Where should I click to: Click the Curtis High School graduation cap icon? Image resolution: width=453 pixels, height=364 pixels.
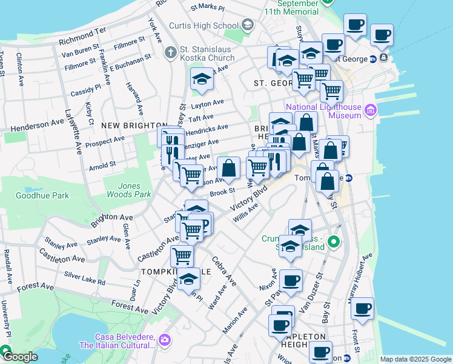247,25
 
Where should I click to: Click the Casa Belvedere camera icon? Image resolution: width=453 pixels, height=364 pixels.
164,341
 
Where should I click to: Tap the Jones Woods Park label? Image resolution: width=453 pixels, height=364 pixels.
128,190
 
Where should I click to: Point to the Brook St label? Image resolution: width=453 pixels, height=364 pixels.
222,192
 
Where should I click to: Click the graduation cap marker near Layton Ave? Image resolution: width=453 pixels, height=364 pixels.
202,79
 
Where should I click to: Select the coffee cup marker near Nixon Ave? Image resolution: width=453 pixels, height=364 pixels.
291,280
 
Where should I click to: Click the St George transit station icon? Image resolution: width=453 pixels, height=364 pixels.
374,59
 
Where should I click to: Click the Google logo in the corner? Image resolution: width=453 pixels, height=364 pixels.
19,357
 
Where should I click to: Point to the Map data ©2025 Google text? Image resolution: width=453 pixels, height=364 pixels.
415,359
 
